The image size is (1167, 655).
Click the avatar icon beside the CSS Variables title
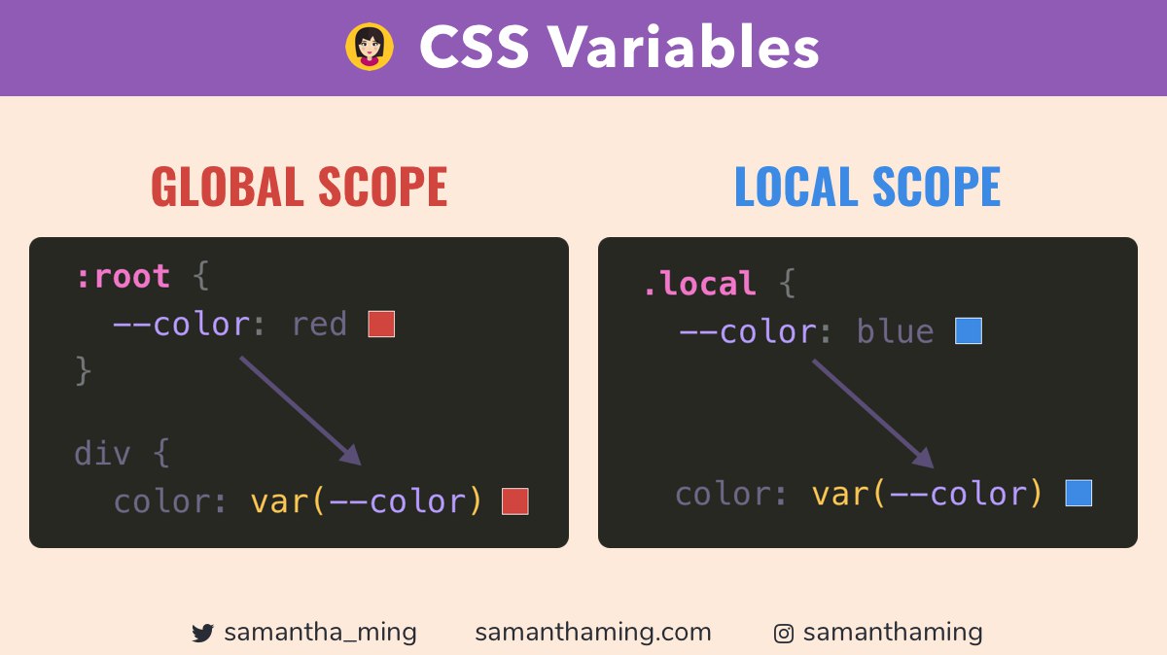tap(370, 47)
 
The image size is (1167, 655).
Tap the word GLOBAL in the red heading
tap(228, 186)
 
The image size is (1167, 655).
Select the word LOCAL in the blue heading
tap(796, 186)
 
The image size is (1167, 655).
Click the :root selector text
tap(124, 276)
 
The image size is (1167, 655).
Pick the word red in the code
tap(319, 325)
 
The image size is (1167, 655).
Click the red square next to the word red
tap(381, 325)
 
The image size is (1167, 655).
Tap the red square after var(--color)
tap(515, 501)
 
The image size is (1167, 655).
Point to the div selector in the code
tap(102, 453)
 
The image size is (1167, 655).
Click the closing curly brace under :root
tap(84, 371)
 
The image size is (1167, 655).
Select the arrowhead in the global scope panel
tap(352, 455)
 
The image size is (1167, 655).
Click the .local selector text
tap(699, 283)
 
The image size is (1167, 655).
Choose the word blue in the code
tap(895, 331)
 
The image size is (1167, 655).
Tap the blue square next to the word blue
tap(969, 331)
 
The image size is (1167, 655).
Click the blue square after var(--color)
tap(1079, 493)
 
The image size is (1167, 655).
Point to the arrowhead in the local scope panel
tap(924, 458)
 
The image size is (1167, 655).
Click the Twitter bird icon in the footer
tap(202, 633)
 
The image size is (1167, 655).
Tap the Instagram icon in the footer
tap(784, 634)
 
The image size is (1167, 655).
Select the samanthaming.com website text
tap(593, 633)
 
